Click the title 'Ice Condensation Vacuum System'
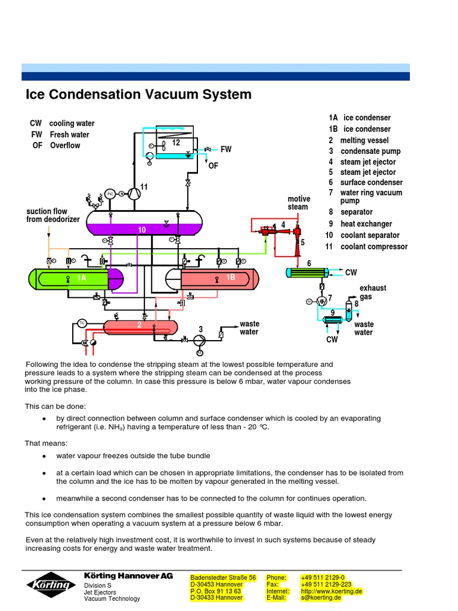[x=138, y=94]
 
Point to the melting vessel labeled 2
[x=140, y=326]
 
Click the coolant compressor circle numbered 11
[x=135, y=193]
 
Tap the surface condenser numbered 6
[x=307, y=273]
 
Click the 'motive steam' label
[x=298, y=203]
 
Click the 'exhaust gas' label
[x=373, y=292]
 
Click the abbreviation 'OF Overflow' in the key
[x=56, y=145]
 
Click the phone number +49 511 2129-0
[x=323, y=578]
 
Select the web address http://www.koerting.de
[x=332, y=591]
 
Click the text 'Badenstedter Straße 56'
[x=223, y=578]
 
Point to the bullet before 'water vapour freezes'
[x=45, y=456]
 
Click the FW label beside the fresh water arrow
[x=226, y=149]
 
